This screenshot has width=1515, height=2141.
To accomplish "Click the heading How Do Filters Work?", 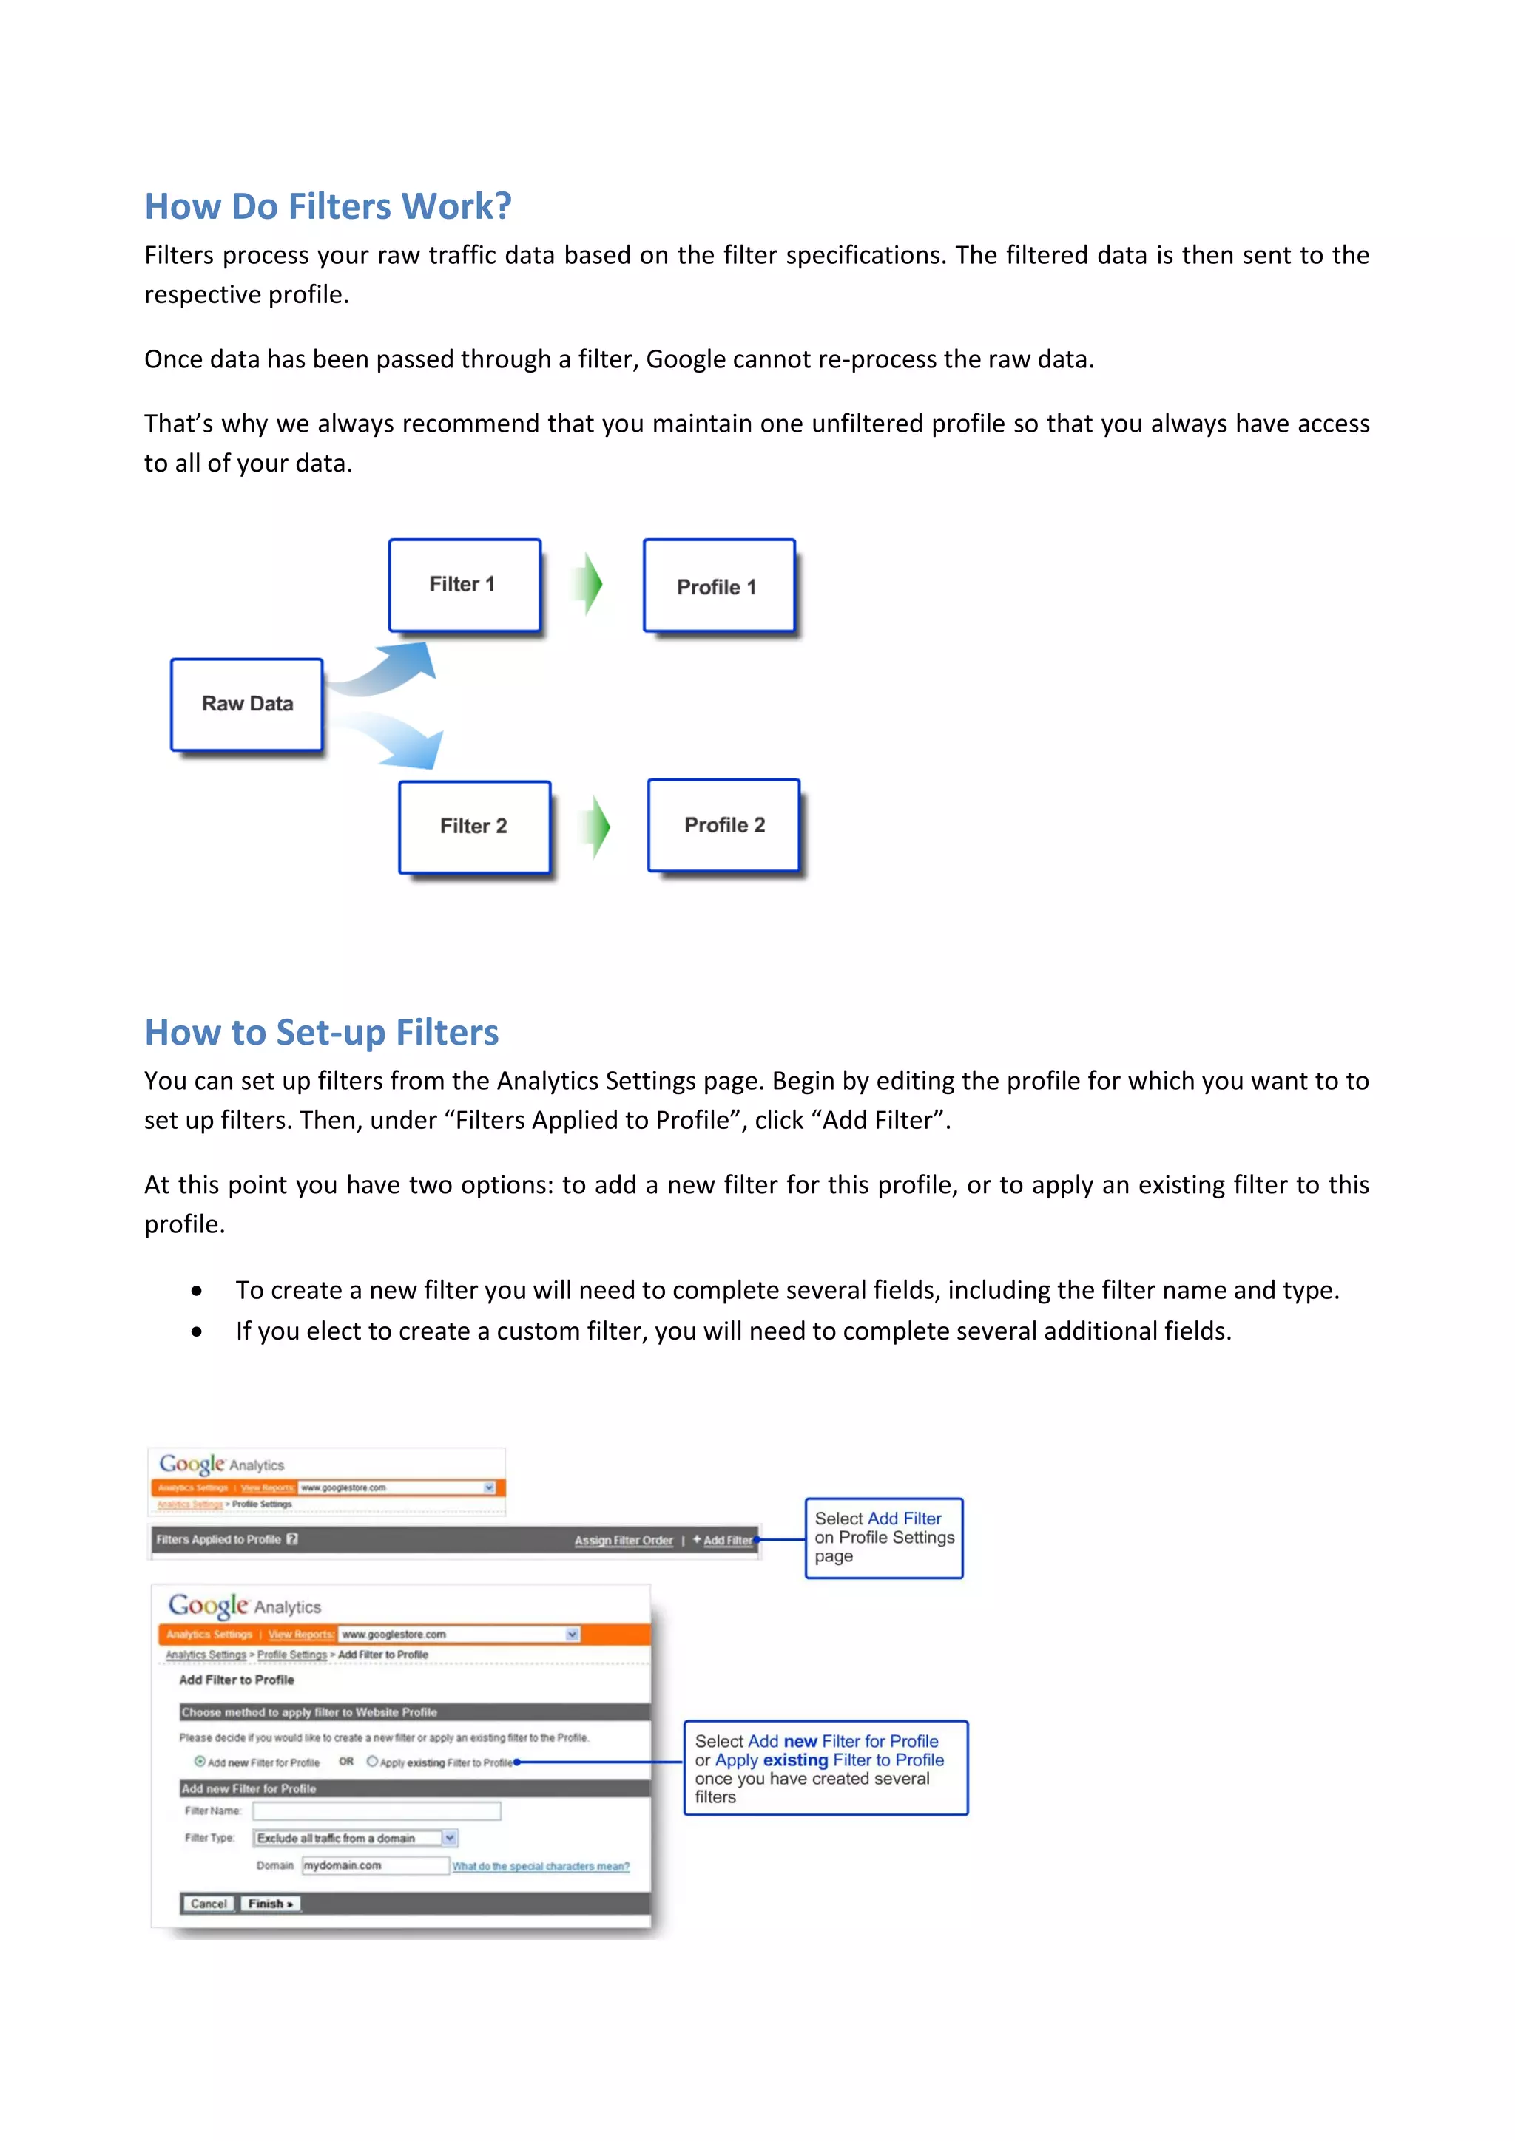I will (x=328, y=206).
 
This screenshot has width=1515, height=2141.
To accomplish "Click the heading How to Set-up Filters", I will (x=321, y=1032).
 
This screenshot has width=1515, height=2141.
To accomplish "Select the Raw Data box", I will (x=247, y=704).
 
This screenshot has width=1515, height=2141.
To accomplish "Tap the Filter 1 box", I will (x=464, y=585).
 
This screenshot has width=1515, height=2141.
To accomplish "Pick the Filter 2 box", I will (x=474, y=827).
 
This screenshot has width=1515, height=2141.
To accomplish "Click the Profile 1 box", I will (x=718, y=586).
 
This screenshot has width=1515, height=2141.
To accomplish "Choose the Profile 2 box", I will (x=724, y=825).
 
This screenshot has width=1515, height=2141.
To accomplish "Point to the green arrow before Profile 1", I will (x=589, y=585).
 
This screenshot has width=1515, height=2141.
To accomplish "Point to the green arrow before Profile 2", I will (x=597, y=827).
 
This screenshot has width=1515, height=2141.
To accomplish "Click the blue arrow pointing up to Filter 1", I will (x=392, y=668).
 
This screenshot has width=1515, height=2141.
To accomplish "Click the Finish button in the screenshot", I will (x=269, y=1903).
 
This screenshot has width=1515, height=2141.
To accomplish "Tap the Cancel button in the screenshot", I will (x=208, y=1903).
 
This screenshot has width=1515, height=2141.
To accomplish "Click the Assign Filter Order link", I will (x=623, y=1541).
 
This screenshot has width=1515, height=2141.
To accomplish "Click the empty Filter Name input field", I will (x=377, y=1810).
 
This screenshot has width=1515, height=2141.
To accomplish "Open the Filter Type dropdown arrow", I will (x=450, y=1838).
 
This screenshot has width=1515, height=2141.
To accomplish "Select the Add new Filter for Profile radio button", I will (x=200, y=1762).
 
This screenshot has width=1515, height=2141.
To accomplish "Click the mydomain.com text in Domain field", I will (x=343, y=1865).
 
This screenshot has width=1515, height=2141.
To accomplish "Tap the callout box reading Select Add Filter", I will (x=883, y=1538).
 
